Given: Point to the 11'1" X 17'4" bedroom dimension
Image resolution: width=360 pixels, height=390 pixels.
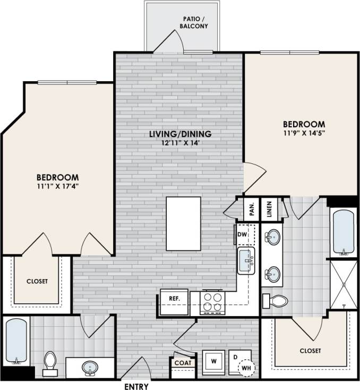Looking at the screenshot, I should point(57,186).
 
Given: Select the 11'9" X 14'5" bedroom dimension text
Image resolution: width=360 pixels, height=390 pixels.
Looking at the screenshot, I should point(304,133).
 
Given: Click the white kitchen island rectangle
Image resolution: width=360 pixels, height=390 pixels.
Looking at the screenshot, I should point(183,223).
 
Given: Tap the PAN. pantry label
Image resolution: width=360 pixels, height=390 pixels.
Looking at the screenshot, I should point(252,208).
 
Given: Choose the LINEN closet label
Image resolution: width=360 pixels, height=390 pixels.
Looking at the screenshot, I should point(269,208).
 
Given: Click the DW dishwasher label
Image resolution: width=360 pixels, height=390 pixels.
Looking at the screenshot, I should point(242,234).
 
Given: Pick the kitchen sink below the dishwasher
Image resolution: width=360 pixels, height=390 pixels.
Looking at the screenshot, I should point(246,261).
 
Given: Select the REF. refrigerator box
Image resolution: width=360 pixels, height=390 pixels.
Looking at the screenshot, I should point(175,299).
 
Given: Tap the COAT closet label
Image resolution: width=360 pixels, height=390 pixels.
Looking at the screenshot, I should point(183,363).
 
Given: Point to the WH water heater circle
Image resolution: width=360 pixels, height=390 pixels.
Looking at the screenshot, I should point(245,367).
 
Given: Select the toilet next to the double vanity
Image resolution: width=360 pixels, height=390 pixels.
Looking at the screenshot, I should point(276,301).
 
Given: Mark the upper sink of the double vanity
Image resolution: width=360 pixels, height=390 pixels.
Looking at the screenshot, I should point(273,236).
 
